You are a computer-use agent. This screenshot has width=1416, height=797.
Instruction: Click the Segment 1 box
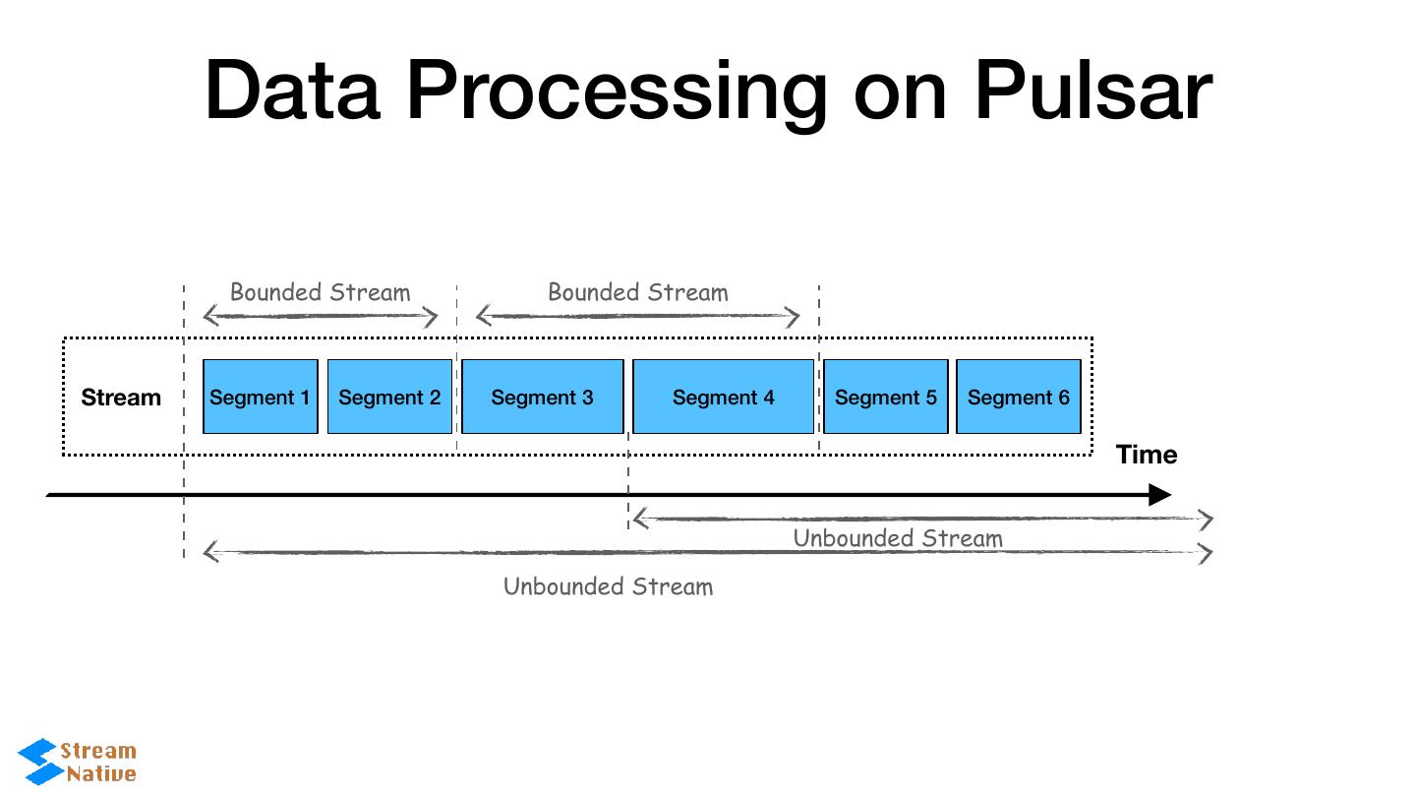pos(260,397)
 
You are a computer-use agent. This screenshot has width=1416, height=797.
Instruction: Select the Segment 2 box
pos(389,397)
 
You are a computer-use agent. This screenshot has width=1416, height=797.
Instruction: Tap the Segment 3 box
pos(542,397)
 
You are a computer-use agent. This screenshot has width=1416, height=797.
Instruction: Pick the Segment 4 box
pos(723,397)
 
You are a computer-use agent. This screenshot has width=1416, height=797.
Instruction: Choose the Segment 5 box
pos(885,397)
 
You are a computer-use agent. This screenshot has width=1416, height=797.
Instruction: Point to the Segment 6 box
pos(1018,397)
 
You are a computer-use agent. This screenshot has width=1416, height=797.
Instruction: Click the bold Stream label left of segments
pos(121,398)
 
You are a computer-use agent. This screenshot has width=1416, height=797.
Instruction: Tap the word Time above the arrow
pos(1147,455)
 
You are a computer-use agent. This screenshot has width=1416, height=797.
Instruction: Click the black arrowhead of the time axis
pos(1160,495)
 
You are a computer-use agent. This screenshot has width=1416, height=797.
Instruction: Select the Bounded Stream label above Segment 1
pos(320,292)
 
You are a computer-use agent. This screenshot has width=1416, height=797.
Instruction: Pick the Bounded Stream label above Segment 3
pos(637,292)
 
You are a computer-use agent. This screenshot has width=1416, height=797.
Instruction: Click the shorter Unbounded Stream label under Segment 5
pos(898,538)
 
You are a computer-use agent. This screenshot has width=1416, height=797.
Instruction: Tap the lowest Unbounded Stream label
pos(608,586)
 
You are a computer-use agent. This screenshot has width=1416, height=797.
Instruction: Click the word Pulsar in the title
pos(1092,91)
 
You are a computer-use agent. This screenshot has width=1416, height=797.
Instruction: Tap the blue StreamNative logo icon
pos(39,762)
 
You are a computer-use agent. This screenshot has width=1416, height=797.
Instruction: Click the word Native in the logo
pos(101,773)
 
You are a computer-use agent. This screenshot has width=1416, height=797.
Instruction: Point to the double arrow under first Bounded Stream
pos(320,317)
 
